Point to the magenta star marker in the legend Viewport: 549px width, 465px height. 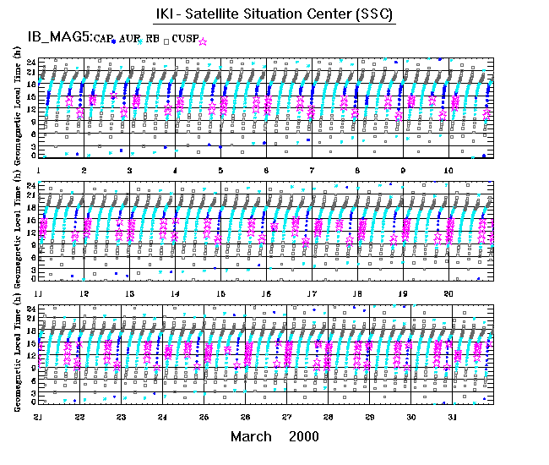point(203,41)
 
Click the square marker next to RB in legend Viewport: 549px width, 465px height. point(166,41)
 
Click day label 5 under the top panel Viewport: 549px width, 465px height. point(220,170)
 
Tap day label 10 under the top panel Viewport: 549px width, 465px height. point(449,170)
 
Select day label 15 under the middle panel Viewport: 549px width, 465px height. point(220,293)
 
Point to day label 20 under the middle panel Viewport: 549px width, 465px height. point(449,293)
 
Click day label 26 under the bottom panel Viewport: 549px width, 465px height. point(245,418)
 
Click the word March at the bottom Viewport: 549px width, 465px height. point(251,436)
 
